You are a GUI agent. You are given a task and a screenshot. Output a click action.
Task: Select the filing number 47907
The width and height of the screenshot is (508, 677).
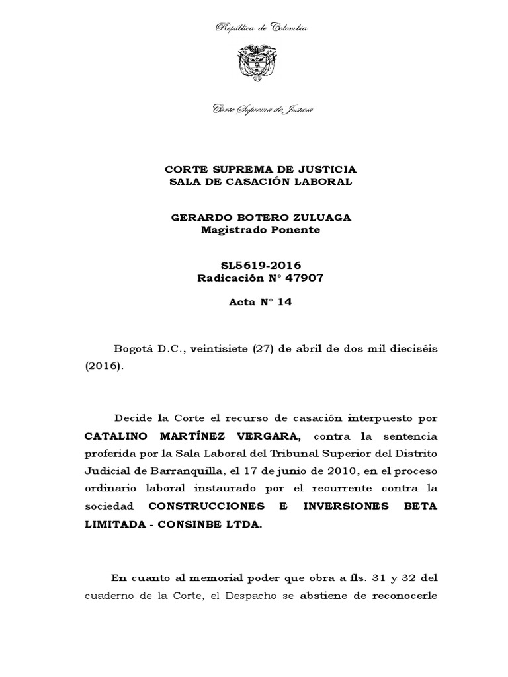pyautogui.click(x=300, y=278)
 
